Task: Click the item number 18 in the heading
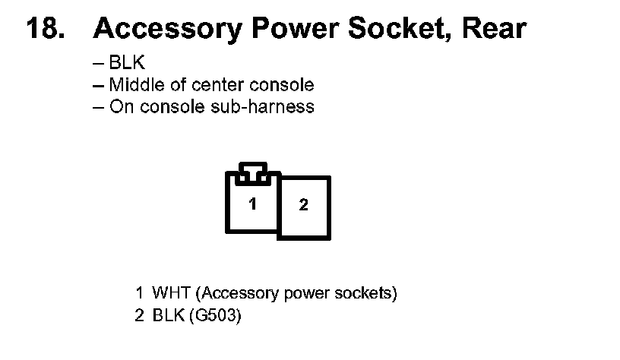[x=43, y=29]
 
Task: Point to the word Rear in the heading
[x=495, y=29]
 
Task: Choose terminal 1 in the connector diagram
[x=253, y=204]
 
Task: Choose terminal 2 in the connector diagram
[x=304, y=206]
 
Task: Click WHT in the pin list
[x=168, y=293]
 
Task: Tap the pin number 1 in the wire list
[x=139, y=293]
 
